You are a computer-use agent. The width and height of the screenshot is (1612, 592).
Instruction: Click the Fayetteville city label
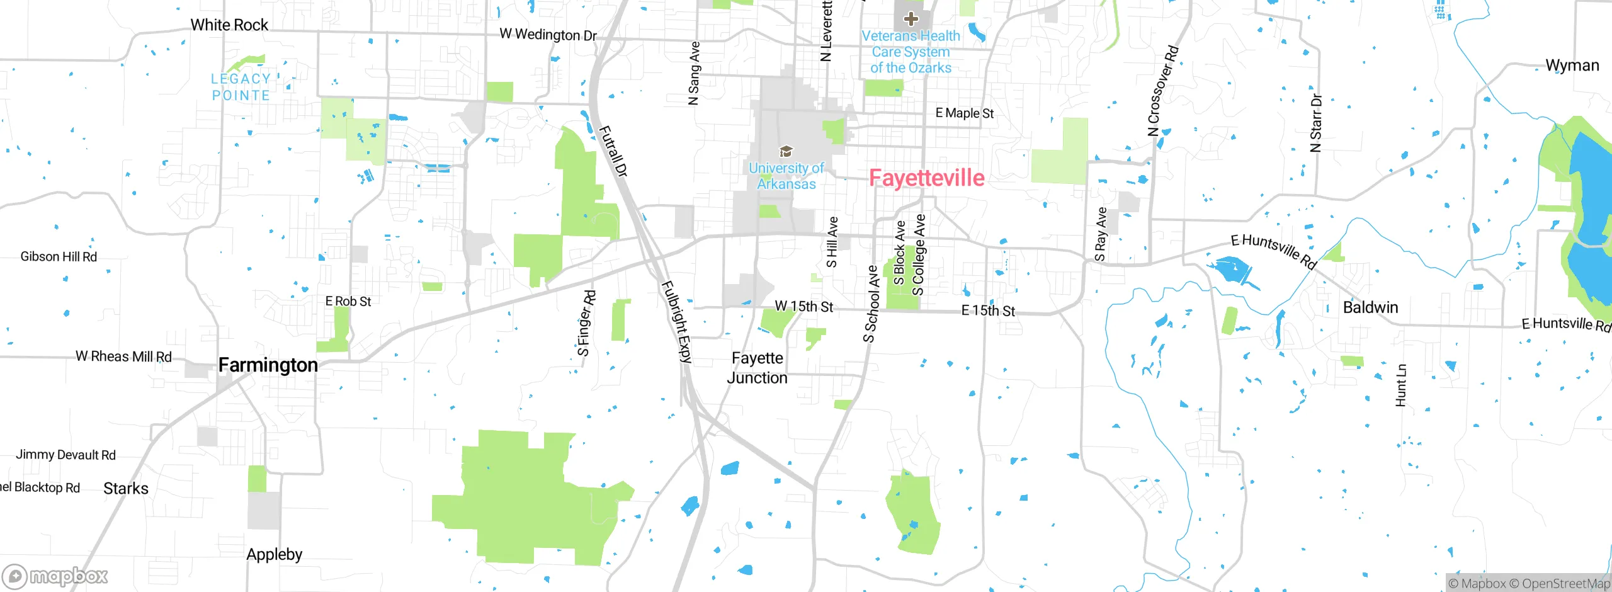point(926,178)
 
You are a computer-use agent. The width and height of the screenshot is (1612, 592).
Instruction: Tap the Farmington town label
point(268,365)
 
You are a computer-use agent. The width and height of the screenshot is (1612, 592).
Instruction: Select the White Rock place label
point(229,25)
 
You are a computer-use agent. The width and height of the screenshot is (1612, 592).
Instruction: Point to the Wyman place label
point(1572,65)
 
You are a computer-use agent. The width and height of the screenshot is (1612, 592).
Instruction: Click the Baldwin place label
point(1370,307)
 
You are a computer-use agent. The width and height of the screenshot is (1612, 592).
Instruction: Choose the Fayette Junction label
point(757,368)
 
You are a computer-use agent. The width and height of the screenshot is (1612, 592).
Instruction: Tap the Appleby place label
point(274,554)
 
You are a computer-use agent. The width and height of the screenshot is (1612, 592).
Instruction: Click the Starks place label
point(126,489)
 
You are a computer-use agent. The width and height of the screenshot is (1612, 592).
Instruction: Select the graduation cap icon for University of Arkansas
point(786,151)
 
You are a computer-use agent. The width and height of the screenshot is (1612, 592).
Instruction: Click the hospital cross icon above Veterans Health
point(911,19)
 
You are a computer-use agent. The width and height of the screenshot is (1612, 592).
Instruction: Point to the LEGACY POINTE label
point(241,87)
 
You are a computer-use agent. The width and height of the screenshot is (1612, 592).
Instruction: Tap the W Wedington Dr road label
point(548,35)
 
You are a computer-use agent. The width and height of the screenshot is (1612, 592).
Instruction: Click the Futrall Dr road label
point(612,151)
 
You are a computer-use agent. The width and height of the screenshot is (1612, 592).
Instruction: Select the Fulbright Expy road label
point(677,322)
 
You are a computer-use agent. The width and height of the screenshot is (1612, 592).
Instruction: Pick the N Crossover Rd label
point(1162,91)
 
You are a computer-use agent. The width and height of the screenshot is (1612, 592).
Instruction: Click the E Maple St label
point(964,113)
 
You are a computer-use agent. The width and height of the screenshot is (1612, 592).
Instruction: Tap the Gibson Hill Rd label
point(59,257)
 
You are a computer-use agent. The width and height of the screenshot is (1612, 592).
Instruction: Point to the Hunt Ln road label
point(1400,385)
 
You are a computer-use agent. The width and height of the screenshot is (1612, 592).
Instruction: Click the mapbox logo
point(55,576)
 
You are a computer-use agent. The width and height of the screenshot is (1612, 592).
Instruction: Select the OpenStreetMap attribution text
point(1565,584)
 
